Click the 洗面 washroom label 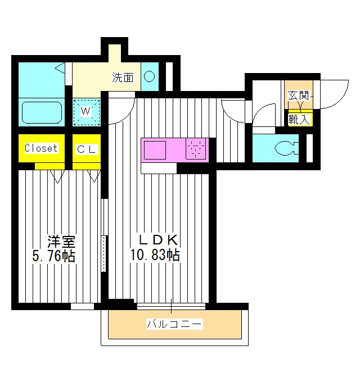[x=123, y=78]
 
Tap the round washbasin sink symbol [x=150, y=77]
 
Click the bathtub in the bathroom [x=41, y=112]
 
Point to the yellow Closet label [x=41, y=149]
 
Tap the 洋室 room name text [x=61, y=242]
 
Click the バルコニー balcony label [x=174, y=324]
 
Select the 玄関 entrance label [x=298, y=95]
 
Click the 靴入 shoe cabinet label [x=298, y=119]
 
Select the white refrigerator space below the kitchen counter [x=159, y=168]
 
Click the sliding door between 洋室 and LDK [x=104, y=236]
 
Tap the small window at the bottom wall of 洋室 [x=82, y=306]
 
